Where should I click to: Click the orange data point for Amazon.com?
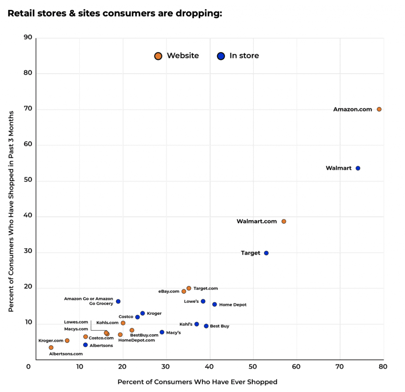click(379, 109)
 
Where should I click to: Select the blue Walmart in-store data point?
click(358, 168)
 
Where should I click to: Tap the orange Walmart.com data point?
click(284, 221)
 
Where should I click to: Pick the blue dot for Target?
click(266, 253)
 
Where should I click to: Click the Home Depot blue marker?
click(214, 304)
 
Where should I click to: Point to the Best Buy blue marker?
click(206, 326)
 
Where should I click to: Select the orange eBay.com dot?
click(184, 291)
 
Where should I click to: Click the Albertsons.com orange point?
click(51, 348)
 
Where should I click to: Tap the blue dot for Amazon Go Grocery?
click(118, 301)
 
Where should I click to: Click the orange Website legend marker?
click(158, 56)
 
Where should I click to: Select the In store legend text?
click(244, 56)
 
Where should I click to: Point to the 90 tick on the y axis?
click(28, 38)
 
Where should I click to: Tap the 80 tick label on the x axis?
click(383, 367)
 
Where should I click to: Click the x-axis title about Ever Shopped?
click(197, 382)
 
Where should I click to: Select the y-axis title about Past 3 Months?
click(11, 211)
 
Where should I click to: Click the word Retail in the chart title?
click(21, 13)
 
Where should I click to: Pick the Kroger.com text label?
click(51, 341)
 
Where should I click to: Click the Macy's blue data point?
click(162, 332)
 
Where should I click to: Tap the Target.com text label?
click(206, 289)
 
